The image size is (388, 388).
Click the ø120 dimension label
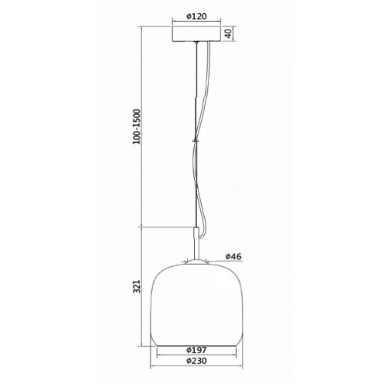[x=196, y=16]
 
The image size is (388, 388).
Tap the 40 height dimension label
[x=228, y=33]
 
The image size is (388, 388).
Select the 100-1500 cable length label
[x=137, y=126]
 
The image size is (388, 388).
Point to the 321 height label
[x=137, y=286]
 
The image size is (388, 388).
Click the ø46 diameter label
[x=234, y=256]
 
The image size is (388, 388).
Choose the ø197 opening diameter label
[x=196, y=350]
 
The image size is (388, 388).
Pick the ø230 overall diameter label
[x=196, y=361]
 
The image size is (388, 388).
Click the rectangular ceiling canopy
[x=196, y=33]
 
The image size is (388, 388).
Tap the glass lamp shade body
[x=196, y=305]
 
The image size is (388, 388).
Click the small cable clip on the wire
[x=196, y=141]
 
